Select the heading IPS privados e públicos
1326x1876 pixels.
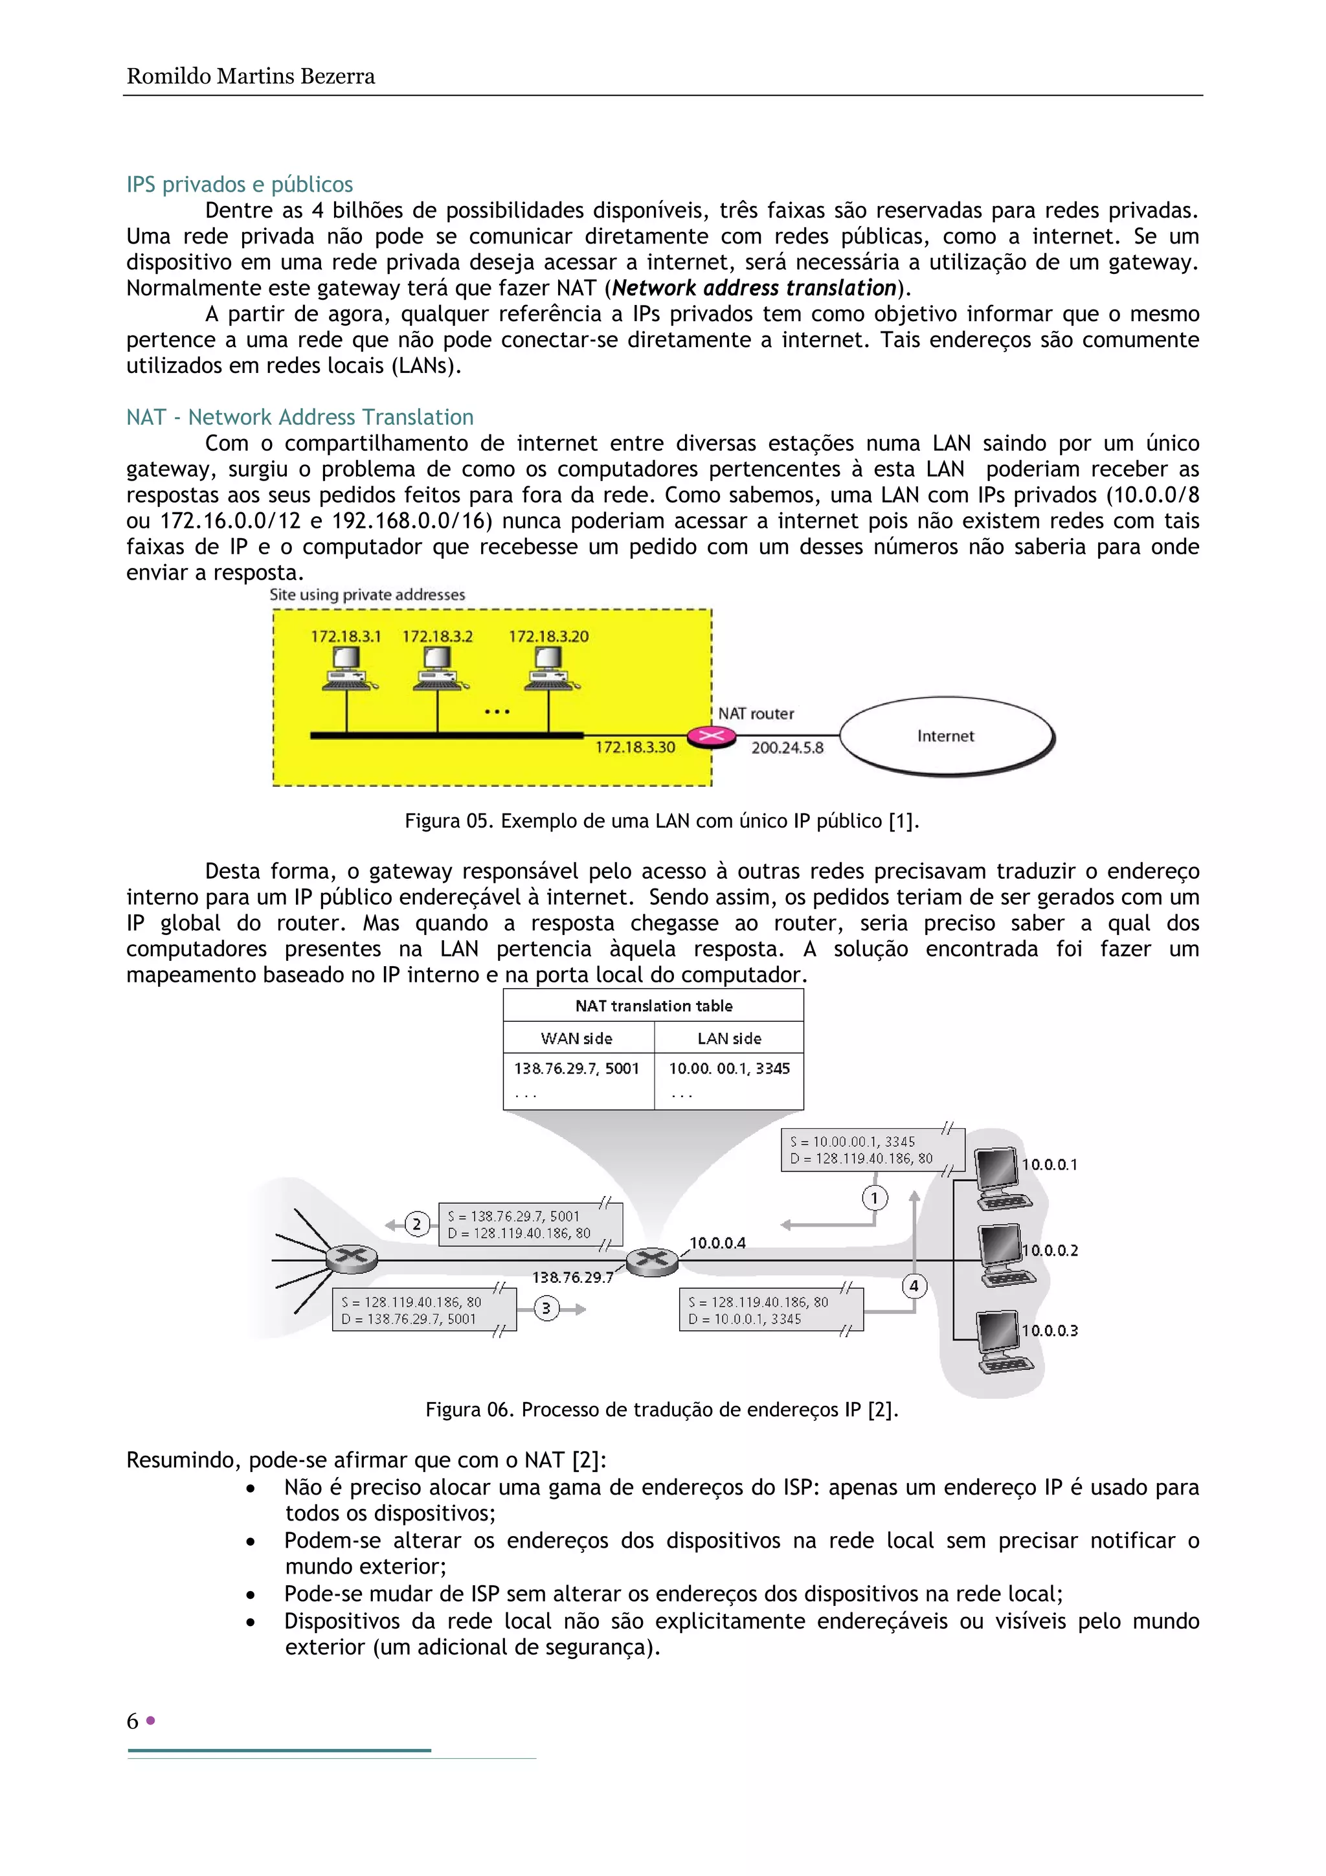(240, 184)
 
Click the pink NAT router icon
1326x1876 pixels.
(711, 736)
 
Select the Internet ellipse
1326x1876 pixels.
(946, 736)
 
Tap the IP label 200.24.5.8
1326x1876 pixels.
(787, 748)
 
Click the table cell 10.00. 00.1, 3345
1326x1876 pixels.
(729, 1068)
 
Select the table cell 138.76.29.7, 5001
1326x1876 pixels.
(577, 1068)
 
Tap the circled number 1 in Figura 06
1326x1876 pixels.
(874, 1198)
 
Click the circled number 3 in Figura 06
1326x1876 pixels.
(546, 1308)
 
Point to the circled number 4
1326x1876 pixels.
(914, 1286)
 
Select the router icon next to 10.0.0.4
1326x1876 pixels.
(652, 1260)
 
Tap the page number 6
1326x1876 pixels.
(132, 1721)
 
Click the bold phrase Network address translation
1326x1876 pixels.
(754, 288)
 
